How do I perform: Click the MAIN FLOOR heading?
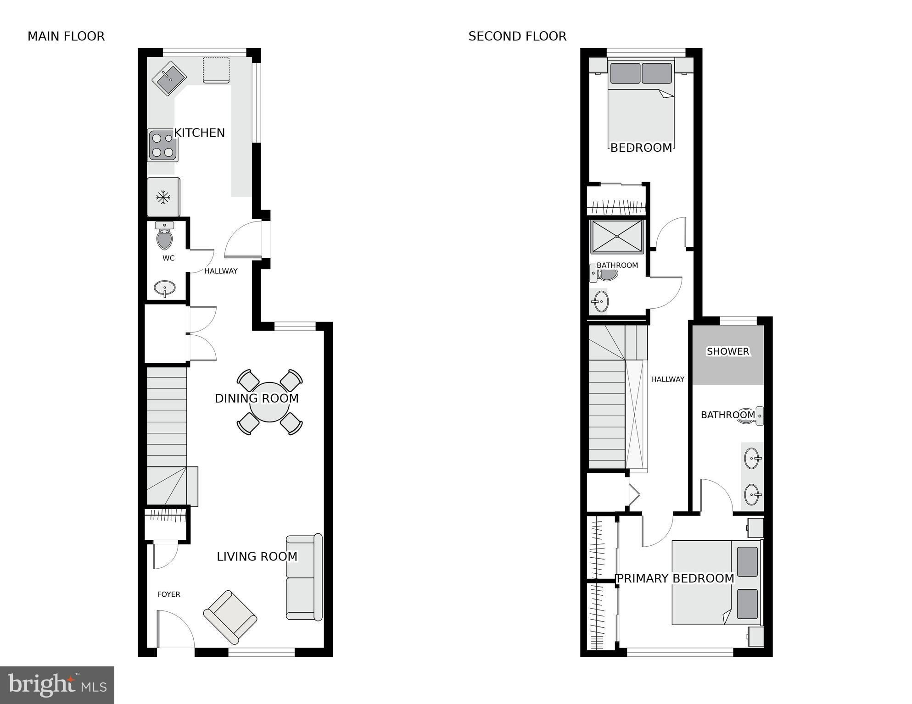click(66, 36)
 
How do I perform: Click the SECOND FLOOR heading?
click(517, 36)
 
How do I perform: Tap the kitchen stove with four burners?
click(162, 145)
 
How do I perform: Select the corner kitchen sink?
click(169, 78)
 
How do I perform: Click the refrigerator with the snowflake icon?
click(163, 197)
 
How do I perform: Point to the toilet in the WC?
click(164, 235)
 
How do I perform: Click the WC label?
click(168, 258)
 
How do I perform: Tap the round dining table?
click(269, 402)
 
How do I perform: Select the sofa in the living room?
click(304, 577)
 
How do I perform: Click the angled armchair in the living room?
click(230, 617)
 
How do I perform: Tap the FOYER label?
click(168, 594)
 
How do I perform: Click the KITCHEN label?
click(200, 133)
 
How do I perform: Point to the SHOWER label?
click(728, 351)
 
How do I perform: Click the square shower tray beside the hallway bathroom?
click(617, 237)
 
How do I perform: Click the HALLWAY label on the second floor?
click(667, 379)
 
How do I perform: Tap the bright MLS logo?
click(57, 685)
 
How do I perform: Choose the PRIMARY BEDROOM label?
click(675, 579)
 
